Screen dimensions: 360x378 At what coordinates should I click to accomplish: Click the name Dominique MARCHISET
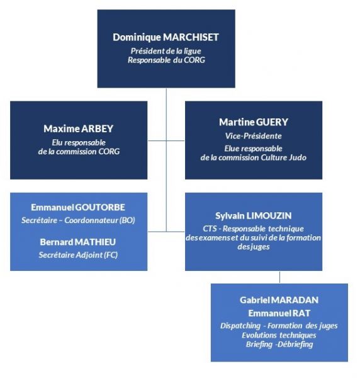pos(166,37)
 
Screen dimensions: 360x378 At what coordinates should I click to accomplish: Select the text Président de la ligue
pos(166,51)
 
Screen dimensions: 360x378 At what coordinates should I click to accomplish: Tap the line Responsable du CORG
pos(166,60)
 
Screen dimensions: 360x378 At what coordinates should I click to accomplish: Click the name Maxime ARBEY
pos(78,129)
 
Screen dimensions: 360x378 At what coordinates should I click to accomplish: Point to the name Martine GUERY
pos(254,122)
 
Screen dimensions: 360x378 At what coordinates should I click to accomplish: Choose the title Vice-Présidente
pos(254,136)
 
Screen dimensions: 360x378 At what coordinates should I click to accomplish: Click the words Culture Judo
pos(284,157)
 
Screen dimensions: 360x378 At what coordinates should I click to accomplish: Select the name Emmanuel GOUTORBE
pos(78,207)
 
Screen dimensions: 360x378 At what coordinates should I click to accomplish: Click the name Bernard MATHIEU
pos(78,242)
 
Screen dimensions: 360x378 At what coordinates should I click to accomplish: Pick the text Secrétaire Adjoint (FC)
pos(78,255)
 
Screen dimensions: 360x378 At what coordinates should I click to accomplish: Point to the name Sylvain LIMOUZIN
pos(254,216)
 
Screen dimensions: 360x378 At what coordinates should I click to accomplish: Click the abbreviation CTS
pos(210,229)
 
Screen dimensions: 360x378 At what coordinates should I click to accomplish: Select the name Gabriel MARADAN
pos(279,300)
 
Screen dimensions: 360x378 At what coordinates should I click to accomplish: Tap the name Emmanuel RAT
pos(279,313)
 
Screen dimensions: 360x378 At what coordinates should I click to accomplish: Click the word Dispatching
pos(240,326)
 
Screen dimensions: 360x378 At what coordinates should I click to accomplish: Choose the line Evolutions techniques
pos(279,335)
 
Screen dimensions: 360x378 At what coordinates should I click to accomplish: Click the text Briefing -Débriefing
pos(279,345)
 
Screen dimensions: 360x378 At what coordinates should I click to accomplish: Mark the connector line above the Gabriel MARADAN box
pos(279,277)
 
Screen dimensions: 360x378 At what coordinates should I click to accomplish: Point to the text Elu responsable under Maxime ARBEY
pos(79,143)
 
